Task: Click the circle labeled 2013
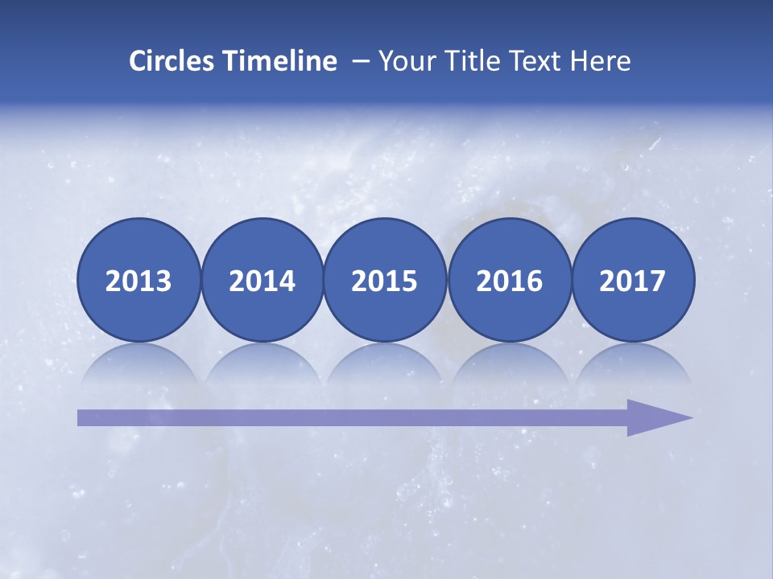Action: (138, 280)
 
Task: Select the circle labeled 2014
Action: (262, 280)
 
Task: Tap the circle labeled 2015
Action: (385, 280)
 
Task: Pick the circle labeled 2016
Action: (509, 280)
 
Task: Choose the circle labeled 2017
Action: (633, 280)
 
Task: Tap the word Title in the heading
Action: (467, 60)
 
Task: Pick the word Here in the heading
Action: (600, 60)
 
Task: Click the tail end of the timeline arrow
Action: (85, 417)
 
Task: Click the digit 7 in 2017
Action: (657, 281)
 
